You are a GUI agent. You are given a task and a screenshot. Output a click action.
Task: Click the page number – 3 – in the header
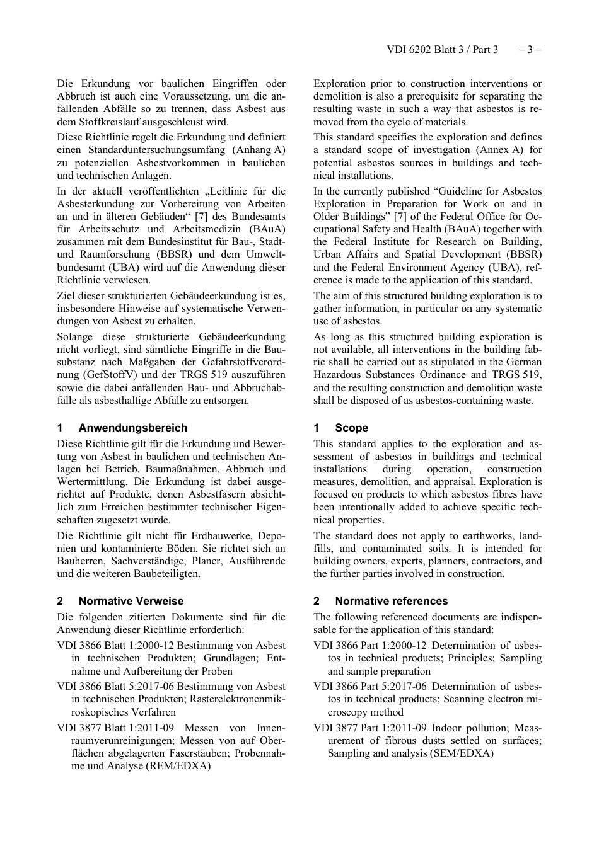[530, 49]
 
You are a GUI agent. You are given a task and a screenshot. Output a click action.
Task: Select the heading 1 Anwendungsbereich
[122, 428]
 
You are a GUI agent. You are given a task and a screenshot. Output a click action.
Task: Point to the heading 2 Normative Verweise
[120, 601]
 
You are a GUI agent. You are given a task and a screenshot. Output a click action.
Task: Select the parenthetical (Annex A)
[494, 150]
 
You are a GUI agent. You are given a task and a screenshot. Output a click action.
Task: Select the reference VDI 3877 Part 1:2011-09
[369, 728]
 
